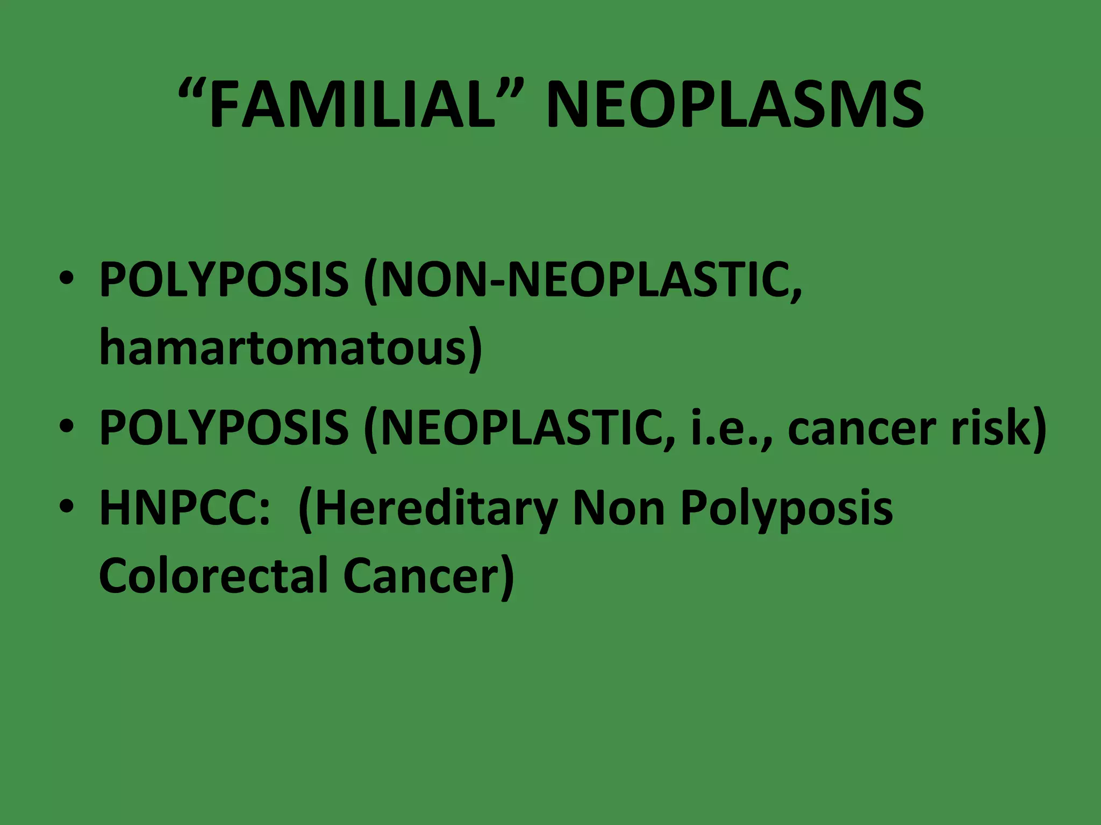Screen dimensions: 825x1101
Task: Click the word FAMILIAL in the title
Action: tap(352, 105)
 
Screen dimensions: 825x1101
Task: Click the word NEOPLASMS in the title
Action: tap(734, 105)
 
